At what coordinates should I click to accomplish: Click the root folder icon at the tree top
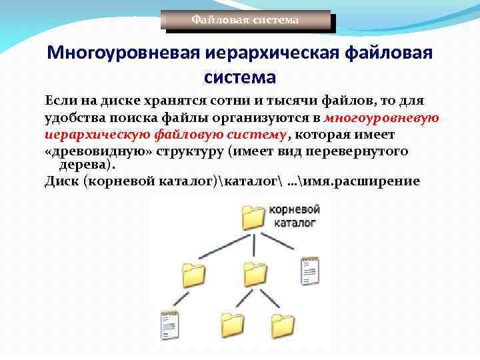click(x=253, y=217)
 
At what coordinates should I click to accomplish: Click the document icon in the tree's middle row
click(x=310, y=271)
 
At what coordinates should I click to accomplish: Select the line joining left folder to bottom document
click(x=177, y=298)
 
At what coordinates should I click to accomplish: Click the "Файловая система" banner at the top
click(x=245, y=20)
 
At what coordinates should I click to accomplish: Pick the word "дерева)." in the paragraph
click(x=87, y=164)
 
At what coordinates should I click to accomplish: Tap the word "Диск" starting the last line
click(x=61, y=181)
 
